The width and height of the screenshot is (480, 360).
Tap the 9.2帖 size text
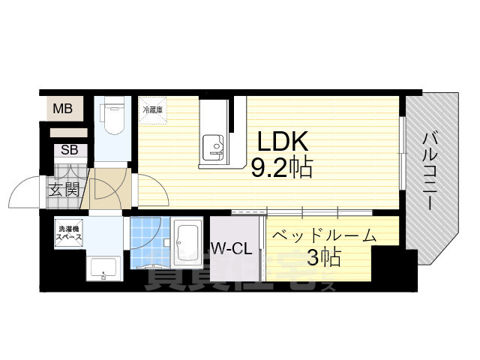281,169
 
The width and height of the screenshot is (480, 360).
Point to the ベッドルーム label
323,235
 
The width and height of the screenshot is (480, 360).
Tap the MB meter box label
63,109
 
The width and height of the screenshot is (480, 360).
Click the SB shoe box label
69,149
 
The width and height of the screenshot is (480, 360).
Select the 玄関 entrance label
64,188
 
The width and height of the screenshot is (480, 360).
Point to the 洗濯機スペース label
68,232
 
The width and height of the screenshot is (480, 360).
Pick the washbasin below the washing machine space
102,267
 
